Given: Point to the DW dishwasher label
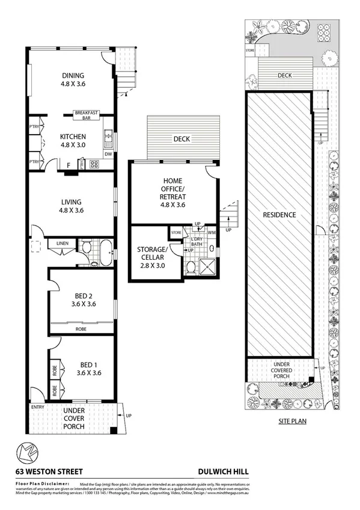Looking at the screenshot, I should (108, 155).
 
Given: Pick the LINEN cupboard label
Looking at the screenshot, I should (63, 244).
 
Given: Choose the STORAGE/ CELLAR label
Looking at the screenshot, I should (151, 253).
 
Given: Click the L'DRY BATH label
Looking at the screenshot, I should (196, 242).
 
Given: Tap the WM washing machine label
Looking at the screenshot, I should (212, 232).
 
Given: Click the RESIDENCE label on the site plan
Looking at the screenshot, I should (279, 215).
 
